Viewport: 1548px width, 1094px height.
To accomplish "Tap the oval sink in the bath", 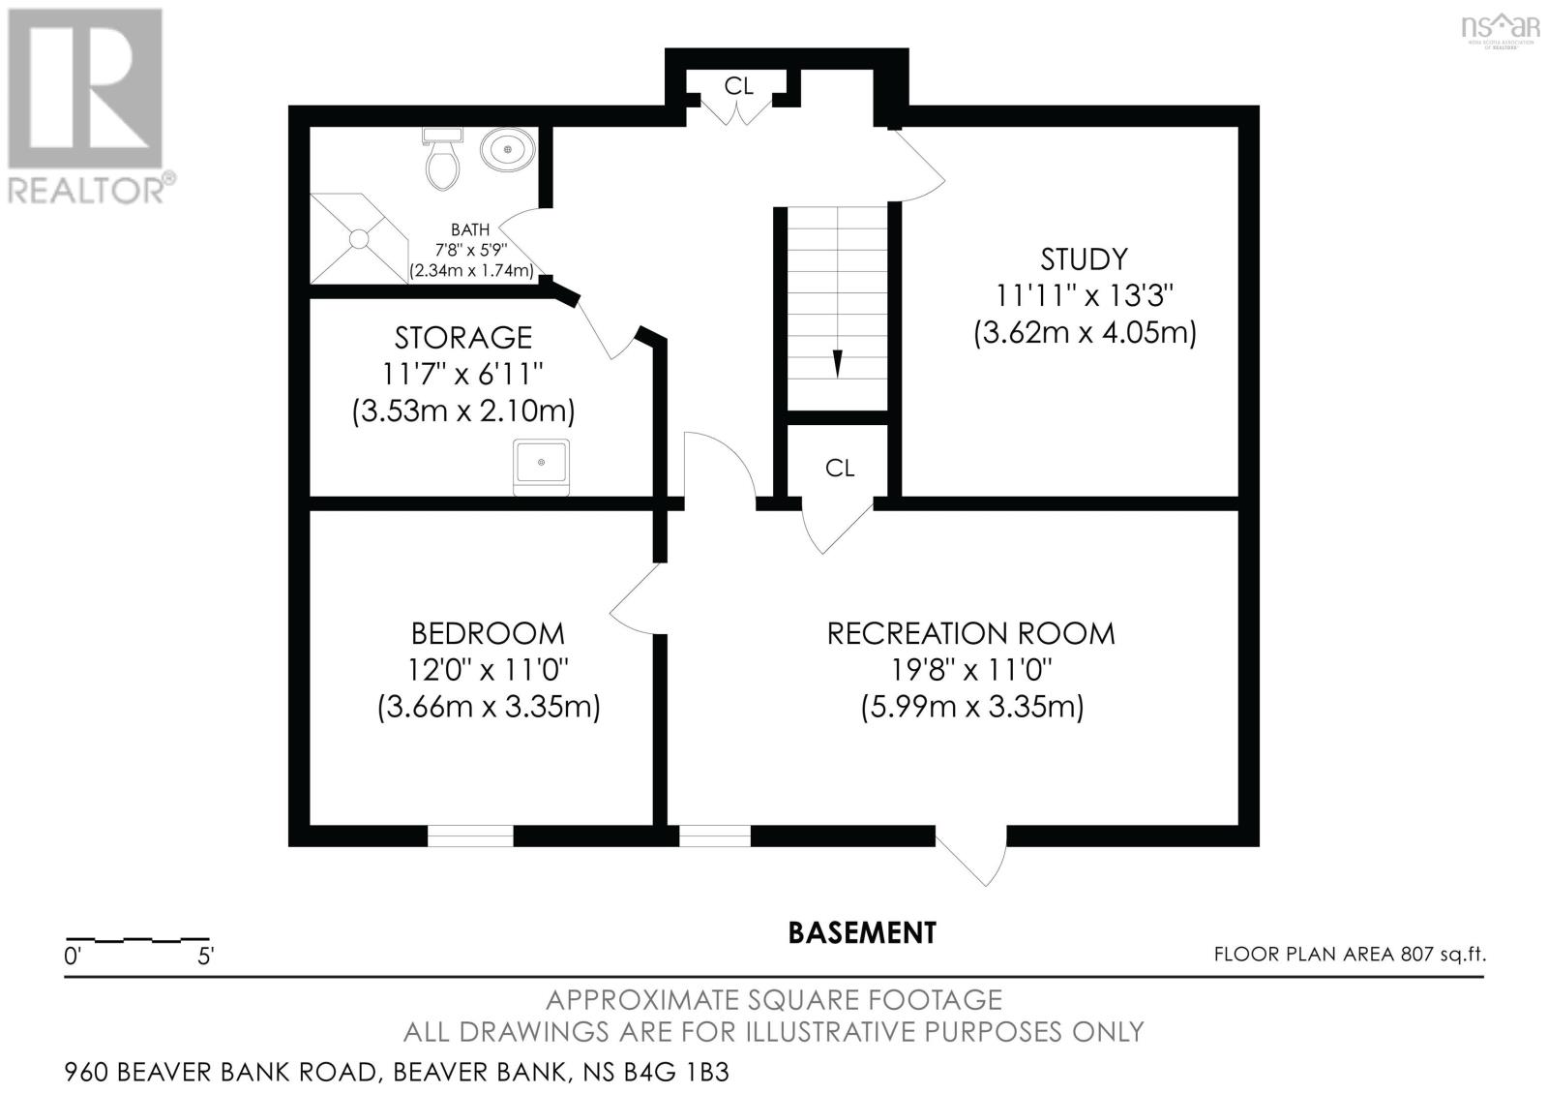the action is pos(508,149).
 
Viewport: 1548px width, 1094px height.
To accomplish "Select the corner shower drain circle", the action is pos(359,239).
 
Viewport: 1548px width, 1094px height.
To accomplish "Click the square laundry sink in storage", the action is pos(541,467).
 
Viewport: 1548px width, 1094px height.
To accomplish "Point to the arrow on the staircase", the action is pos(838,364).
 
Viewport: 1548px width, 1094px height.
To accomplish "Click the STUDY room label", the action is pos(1085,259).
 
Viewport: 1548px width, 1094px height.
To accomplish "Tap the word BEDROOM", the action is pos(488,633).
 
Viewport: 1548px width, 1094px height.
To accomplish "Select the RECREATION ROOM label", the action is pos(971,633).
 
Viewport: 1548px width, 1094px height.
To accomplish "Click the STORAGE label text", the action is pos(463,338).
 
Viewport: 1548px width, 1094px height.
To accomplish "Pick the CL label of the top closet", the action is pos(738,86).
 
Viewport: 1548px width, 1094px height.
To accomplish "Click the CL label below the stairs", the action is pos(840,469).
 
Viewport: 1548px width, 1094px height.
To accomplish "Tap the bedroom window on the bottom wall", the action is pos(470,836).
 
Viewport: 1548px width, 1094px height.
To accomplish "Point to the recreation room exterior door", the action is pos(971,855).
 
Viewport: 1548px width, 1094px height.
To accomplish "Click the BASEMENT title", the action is pos(862,933).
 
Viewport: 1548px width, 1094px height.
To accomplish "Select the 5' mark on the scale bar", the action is pos(206,957).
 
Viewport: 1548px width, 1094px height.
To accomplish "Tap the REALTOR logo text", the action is pos(86,192).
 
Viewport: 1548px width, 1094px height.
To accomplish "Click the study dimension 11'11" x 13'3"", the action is pos(1085,296).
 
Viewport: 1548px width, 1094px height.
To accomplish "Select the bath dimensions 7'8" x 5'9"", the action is pos(471,249).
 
